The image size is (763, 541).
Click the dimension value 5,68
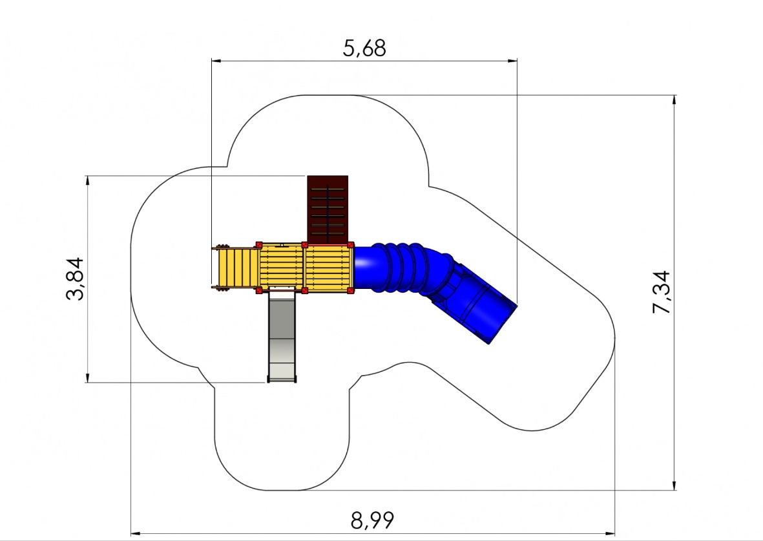click(364, 48)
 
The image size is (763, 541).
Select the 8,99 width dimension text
click(372, 520)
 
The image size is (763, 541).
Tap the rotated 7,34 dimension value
click(662, 292)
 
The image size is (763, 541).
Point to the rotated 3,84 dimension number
click(75, 279)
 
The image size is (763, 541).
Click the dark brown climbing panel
click(328, 209)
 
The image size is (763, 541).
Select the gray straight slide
click(282, 336)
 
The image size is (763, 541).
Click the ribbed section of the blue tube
click(399, 268)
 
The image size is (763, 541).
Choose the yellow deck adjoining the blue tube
click(328, 268)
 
